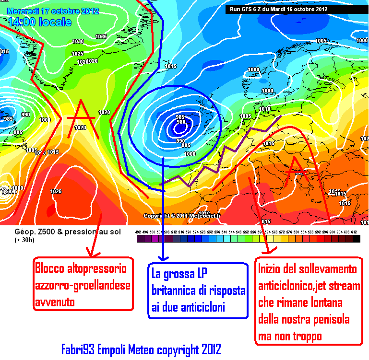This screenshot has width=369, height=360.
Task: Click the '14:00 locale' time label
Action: tap(39, 22)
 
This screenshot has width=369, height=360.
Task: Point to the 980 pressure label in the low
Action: tap(181, 122)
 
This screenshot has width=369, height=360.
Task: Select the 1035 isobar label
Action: tap(101, 36)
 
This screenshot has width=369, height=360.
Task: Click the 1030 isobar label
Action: tap(78, 41)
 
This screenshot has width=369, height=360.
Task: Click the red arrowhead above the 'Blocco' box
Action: tap(90, 253)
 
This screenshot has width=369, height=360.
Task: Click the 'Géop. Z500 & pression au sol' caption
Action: tap(64, 232)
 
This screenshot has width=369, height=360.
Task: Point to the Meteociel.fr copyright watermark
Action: tap(182, 216)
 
